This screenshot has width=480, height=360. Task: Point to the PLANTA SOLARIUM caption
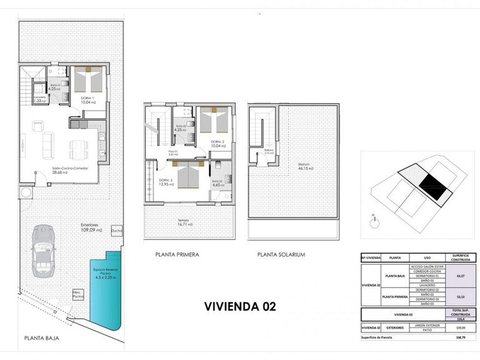coord(281,255)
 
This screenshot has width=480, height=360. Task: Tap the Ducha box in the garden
coord(116,229)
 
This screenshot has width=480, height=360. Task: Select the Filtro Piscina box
coord(78,294)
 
